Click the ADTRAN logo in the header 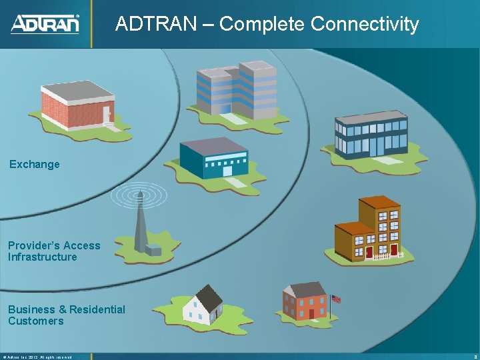tap(45, 24)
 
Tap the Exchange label tap(35, 164)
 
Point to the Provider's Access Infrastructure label tap(53, 251)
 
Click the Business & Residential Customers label tap(66, 315)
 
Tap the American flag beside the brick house tap(336, 299)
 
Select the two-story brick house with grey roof tap(304, 301)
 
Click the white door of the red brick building tap(106, 115)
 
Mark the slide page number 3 tap(473, 357)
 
